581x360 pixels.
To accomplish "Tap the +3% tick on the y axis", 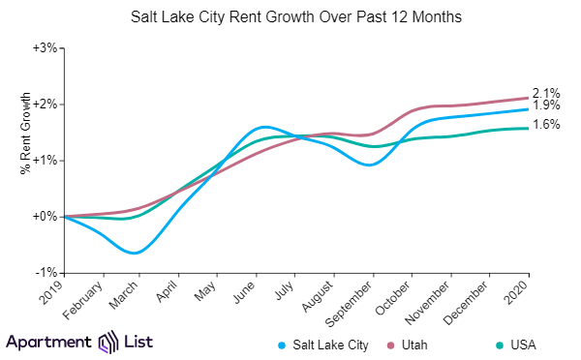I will (44, 47).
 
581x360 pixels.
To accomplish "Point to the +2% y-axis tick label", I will (44, 104).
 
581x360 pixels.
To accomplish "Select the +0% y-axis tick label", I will (44, 217).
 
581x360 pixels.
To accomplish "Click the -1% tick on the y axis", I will (45, 273).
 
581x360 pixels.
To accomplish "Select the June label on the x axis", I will (245, 292).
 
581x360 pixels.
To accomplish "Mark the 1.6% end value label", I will (545, 125).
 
